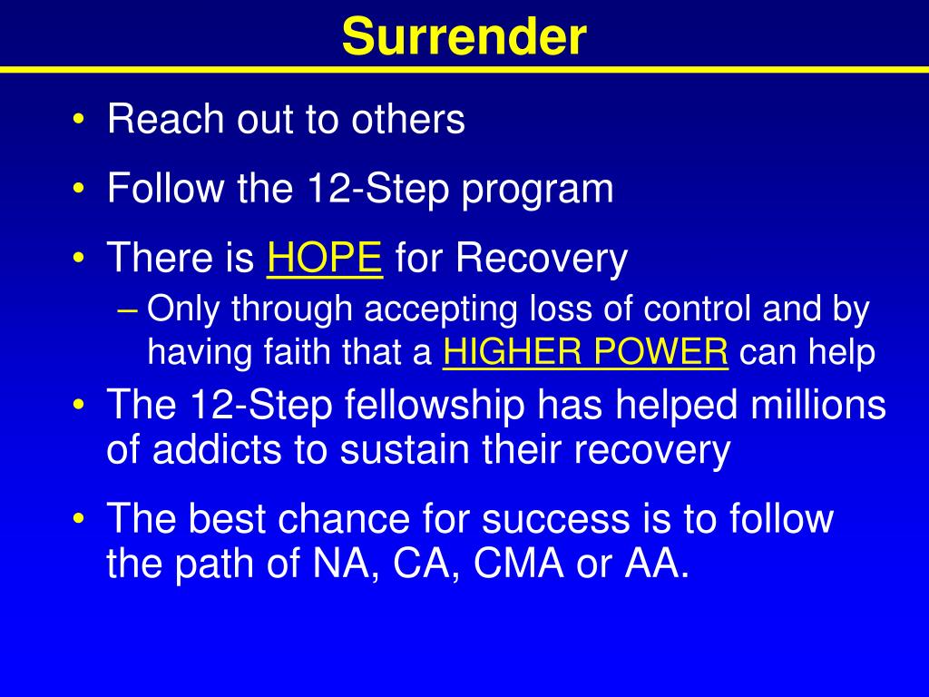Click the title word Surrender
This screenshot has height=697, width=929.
[x=464, y=37]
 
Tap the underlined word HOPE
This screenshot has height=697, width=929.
[x=325, y=260]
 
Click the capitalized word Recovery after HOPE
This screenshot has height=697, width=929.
[x=542, y=260]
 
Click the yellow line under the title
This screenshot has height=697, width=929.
[x=464, y=69]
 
